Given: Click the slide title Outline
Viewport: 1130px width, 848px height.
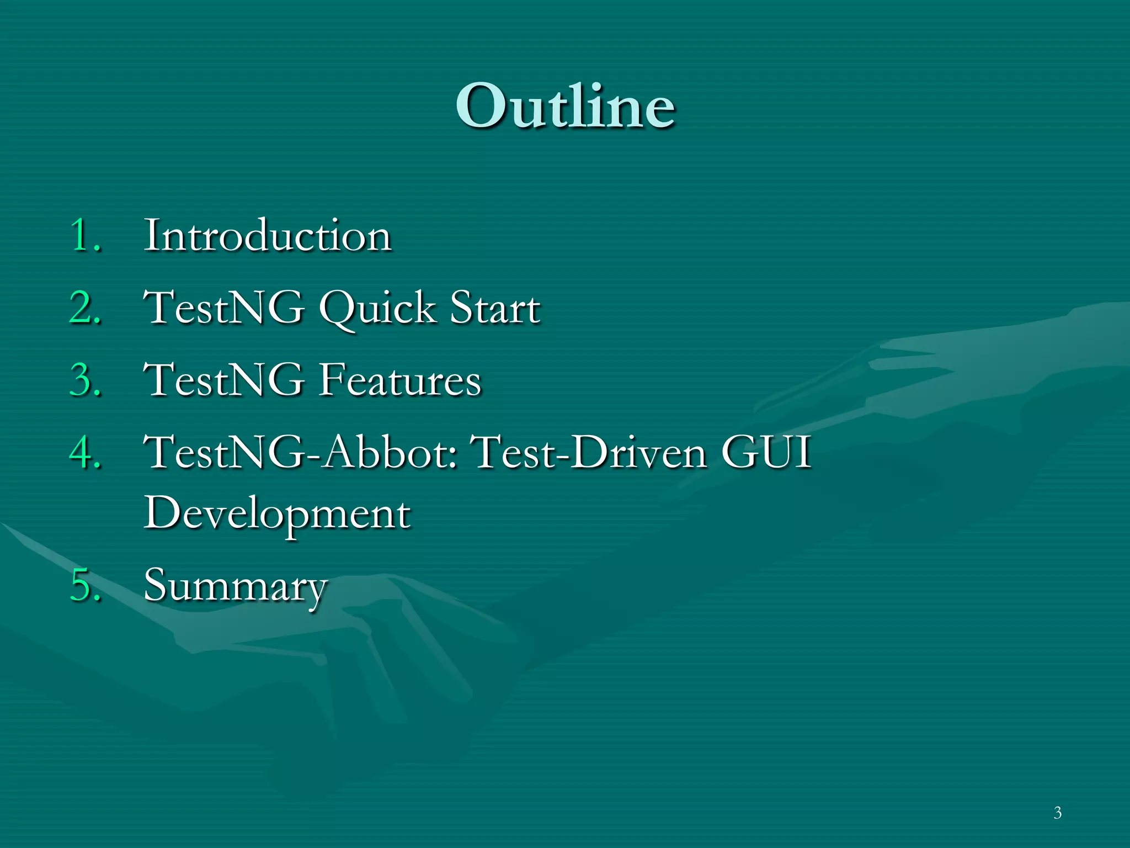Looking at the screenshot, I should tap(565, 106).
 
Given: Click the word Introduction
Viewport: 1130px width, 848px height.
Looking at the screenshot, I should tap(268, 236).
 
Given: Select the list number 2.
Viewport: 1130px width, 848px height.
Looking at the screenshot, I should tap(84, 308).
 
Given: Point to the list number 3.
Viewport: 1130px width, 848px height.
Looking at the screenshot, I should tap(84, 380).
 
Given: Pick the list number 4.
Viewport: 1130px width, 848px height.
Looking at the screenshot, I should tap(84, 453).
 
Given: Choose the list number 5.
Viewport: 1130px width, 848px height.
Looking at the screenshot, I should tap(84, 585).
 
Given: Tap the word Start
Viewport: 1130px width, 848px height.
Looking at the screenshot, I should tap(495, 308).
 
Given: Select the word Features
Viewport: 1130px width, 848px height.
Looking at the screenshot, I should tap(400, 380).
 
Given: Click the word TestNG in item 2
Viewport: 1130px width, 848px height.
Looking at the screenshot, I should tap(224, 308).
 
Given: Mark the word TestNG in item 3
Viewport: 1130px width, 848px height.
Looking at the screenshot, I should tap(224, 380).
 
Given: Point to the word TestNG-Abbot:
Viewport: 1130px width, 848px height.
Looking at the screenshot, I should tap(301, 453).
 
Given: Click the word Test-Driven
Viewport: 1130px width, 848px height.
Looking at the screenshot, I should tap(590, 453).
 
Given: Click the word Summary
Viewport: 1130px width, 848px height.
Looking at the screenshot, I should tap(236, 586).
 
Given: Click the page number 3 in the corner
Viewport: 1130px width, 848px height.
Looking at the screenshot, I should tap(1057, 813).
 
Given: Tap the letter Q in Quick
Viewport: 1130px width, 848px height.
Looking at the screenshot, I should tap(339, 309).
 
